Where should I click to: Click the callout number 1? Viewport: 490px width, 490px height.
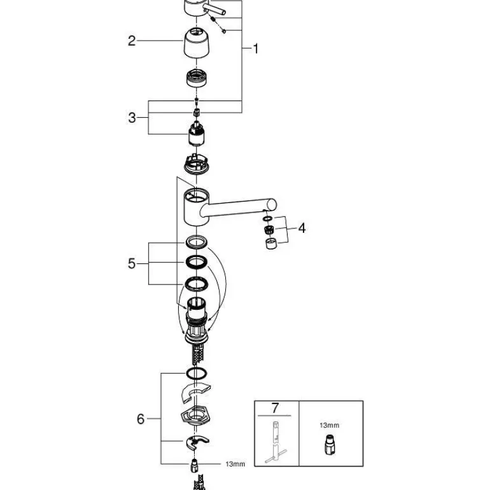pyautogui.click(x=256, y=49)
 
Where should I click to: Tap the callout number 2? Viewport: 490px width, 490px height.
pyautogui.click(x=132, y=41)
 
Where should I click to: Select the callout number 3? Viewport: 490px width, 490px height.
pyautogui.click(x=132, y=118)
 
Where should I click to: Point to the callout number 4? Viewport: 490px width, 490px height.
pyautogui.click(x=302, y=228)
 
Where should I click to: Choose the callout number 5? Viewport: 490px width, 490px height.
pyautogui.click(x=132, y=263)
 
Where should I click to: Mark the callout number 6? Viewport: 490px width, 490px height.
pyautogui.click(x=141, y=419)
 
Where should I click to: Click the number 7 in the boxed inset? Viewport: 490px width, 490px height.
pyautogui.click(x=275, y=408)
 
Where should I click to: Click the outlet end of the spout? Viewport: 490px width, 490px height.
pyautogui.click(x=272, y=206)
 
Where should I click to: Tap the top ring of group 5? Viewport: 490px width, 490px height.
pyautogui.click(x=197, y=242)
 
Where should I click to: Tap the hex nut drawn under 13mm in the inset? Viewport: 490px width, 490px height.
pyautogui.click(x=329, y=445)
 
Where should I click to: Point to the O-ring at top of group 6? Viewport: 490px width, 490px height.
pyautogui.click(x=197, y=373)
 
